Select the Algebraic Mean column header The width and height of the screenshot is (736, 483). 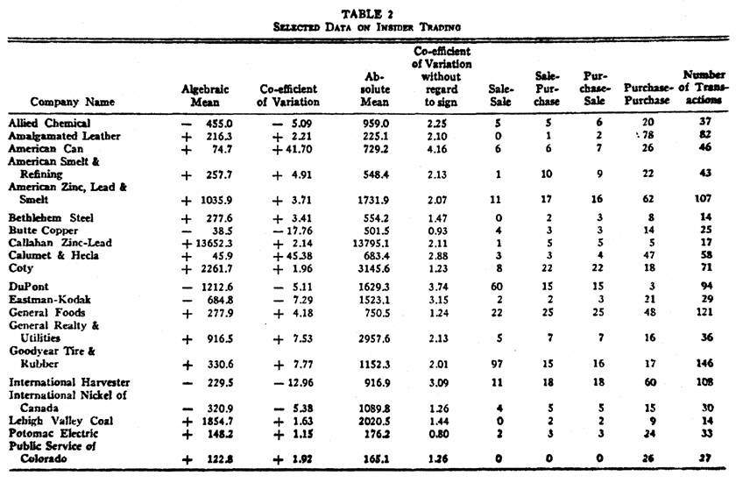point(205,96)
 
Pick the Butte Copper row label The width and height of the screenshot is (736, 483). point(44,230)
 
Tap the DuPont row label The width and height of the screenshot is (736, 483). point(30,286)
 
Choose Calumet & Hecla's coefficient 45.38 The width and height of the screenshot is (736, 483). point(293,256)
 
